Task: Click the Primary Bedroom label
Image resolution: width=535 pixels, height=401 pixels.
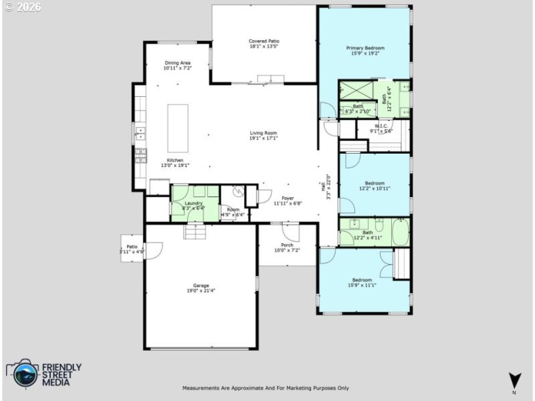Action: pyautogui.click(x=364, y=48)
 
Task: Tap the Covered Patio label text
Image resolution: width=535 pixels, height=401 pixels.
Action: pyautogui.click(x=264, y=41)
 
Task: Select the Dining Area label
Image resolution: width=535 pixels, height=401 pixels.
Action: pyautogui.click(x=178, y=63)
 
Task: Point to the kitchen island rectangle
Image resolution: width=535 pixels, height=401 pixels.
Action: pyautogui.click(x=177, y=128)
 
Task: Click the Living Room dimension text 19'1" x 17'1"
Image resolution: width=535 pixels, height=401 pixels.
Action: pyautogui.click(x=263, y=138)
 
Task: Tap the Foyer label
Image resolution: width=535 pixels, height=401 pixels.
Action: pyautogui.click(x=288, y=198)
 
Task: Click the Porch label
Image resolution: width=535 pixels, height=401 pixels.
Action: pyautogui.click(x=287, y=245)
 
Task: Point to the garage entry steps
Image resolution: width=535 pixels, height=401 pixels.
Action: pyautogui.click(x=195, y=231)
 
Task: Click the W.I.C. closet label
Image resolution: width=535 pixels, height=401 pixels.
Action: pyautogui.click(x=381, y=126)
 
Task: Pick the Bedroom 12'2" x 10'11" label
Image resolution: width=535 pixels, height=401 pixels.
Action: pyautogui.click(x=374, y=183)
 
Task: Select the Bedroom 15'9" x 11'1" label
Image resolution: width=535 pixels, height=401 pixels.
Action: pyautogui.click(x=362, y=279)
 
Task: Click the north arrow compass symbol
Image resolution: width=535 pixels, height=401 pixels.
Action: pyautogui.click(x=514, y=379)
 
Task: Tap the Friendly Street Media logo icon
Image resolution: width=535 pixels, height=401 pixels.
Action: pyautogui.click(x=22, y=374)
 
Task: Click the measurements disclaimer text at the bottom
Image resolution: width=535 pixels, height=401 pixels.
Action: pyautogui.click(x=265, y=388)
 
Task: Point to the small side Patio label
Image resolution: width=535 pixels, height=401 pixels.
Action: pyautogui.click(x=132, y=247)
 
